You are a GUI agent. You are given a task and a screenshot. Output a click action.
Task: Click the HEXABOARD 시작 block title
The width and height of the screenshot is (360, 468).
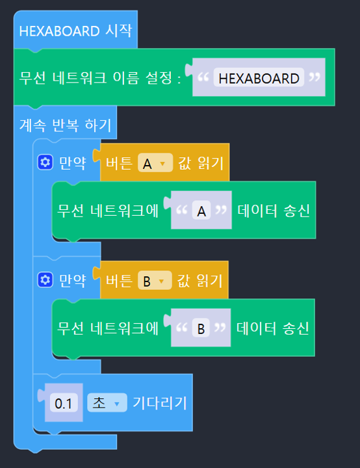pyautogui.click(x=75, y=31)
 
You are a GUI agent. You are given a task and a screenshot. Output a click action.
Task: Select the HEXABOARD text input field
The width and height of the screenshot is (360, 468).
pyautogui.click(x=259, y=78)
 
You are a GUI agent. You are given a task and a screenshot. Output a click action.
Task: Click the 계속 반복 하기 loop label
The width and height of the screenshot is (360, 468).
pyautogui.click(x=65, y=125)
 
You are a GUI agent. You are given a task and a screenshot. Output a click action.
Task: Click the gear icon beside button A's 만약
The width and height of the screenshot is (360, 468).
pyautogui.click(x=45, y=162)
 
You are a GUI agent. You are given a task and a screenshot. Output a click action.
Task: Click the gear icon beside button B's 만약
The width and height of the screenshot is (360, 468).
pyautogui.click(x=45, y=280)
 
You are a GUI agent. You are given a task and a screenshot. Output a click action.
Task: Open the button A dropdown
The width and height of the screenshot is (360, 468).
pyautogui.click(x=155, y=163)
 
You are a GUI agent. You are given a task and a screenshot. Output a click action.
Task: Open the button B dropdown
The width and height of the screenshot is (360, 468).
pyautogui.click(x=155, y=281)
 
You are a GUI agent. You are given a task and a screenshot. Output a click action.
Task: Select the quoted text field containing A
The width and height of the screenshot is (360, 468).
pyautogui.click(x=201, y=211)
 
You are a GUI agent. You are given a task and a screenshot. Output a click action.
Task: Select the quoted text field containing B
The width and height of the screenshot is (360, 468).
pyautogui.click(x=201, y=328)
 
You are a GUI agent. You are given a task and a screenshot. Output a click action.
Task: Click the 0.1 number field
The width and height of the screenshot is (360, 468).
pyautogui.click(x=64, y=402)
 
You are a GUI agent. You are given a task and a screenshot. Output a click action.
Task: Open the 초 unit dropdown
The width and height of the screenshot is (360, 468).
pyautogui.click(x=107, y=402)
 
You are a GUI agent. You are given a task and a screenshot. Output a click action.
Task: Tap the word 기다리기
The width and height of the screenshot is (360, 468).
pyautogui.click(x=160, y=402)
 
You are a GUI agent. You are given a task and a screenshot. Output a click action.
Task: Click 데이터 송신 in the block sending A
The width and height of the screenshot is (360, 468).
pyautogui.click(x=274, y=210)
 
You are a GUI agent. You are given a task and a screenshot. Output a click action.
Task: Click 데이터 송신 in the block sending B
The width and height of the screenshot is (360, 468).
pyautogui.click(x=272, y=328)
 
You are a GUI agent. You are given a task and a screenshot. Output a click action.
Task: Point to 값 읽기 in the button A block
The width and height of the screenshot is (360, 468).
pyautogui.click(x=201, y=163)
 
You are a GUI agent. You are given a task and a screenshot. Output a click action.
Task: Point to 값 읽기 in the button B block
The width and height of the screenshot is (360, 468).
pyautogui.click(x=199, y=281)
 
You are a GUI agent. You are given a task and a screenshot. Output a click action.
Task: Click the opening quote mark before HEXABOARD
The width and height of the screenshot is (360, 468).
pyautogui.click(x=203, y=77)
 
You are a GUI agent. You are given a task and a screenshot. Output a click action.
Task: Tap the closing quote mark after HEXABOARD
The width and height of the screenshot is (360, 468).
pyautogui.click(x=315, y=77)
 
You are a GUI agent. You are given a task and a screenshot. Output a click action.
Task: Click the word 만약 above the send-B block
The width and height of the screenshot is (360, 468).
pyautogui.click(x=73, y=280)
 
